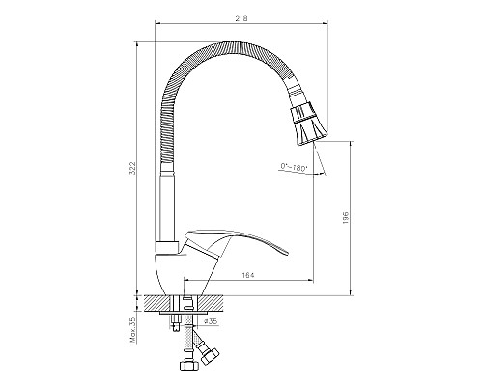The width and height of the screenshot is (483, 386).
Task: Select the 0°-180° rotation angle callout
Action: (x=295, y=169)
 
